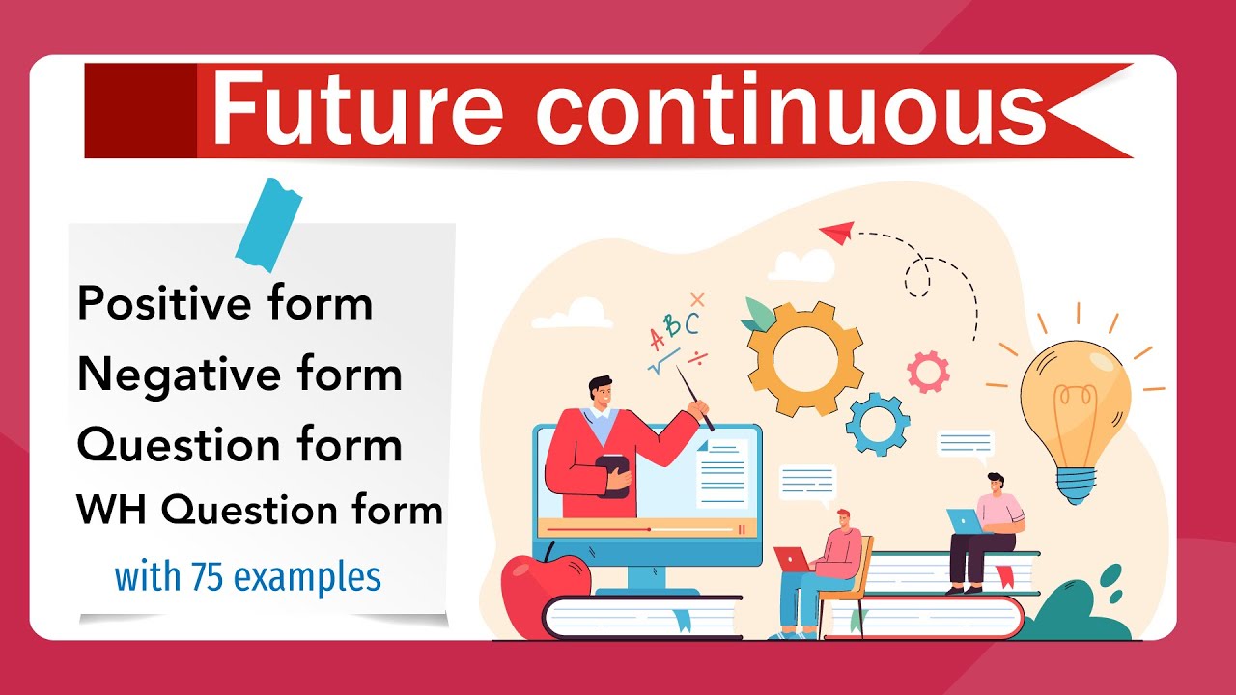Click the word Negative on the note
167,375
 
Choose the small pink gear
928,372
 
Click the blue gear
877,424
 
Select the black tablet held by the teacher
613,475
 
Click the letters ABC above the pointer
674,329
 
